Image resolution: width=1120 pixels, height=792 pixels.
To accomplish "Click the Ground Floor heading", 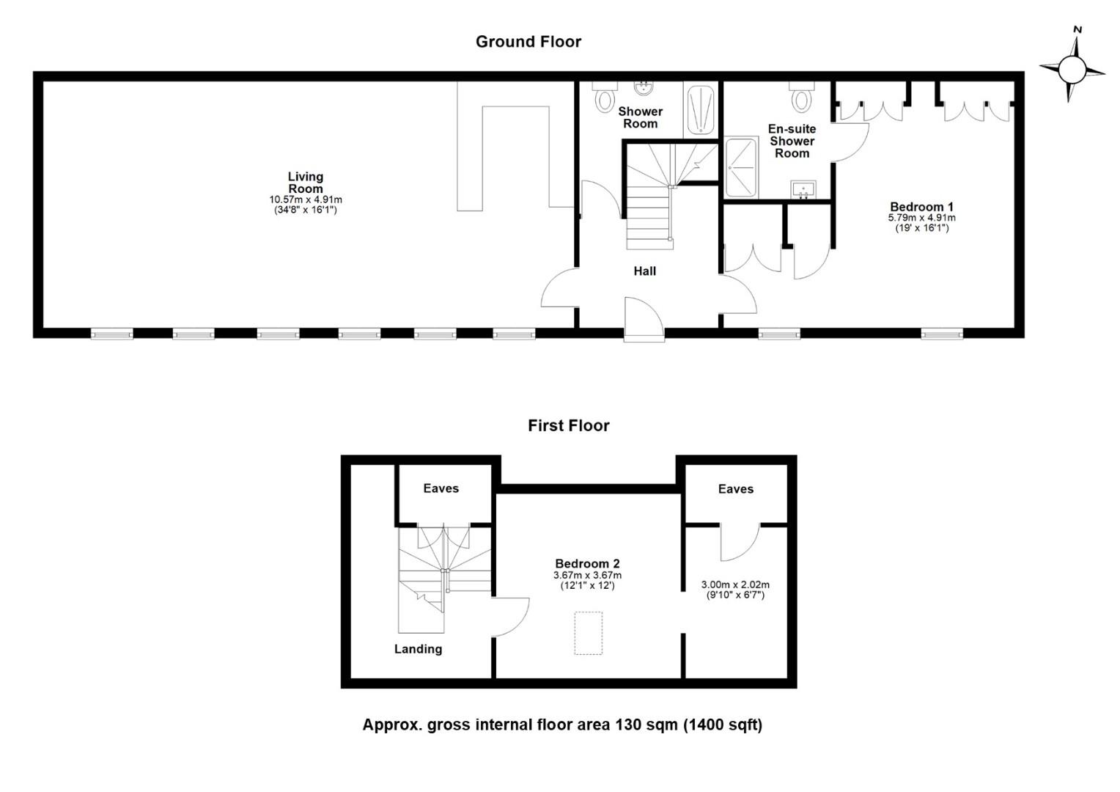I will [528, 42].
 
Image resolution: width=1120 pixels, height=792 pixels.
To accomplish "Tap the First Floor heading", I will [568, 426].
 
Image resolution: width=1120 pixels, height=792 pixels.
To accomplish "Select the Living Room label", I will [305, 183].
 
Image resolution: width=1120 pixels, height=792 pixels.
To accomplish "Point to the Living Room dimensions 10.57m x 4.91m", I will [305, 199].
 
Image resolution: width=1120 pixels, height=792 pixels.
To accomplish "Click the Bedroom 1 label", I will [921, 207].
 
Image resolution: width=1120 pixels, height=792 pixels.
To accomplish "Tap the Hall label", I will [644, 271].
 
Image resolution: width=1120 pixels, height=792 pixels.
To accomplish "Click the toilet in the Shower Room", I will [605, 97].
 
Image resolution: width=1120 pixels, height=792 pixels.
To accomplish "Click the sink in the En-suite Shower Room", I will [804, 189].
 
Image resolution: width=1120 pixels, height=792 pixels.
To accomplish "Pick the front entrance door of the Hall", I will [644, 320].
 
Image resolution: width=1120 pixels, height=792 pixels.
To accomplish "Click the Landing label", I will [418, 649].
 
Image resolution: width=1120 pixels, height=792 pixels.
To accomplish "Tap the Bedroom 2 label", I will [587, 564].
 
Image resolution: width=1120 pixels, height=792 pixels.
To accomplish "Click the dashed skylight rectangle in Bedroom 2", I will [588, 633].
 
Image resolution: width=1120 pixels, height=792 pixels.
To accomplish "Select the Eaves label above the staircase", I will [441, 488].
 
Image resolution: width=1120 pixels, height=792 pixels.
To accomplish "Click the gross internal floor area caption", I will [562, 725].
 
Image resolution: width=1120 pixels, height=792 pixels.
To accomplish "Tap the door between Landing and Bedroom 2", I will [509, 617].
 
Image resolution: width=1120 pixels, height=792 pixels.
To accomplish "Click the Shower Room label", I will [640, 117].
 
